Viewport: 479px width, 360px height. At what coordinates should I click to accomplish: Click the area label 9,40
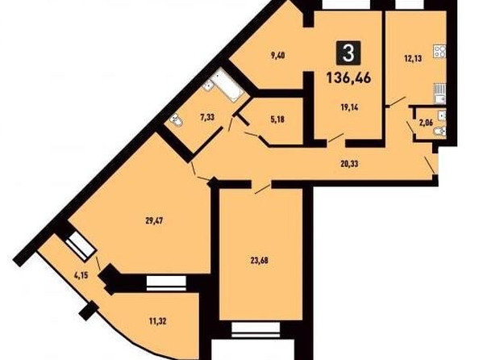click(277, 57)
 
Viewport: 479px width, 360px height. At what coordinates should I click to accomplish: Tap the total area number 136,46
click(349, 77)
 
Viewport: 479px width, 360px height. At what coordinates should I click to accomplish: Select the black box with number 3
click(348, 53)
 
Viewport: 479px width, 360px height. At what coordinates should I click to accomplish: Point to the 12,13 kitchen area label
click(413, 58)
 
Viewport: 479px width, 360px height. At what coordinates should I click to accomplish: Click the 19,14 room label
click(349, 107)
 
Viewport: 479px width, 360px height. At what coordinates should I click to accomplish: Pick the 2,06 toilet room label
click(426, 123)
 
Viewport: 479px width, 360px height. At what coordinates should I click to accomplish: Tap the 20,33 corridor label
click(349, 164)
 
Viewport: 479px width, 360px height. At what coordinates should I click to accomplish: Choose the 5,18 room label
click(277, 119)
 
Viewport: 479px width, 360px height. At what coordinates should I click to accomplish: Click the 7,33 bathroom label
click(207, 117)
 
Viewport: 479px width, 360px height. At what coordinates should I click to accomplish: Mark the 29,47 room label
click(154, 221)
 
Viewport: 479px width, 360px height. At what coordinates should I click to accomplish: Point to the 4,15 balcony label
click(81, 275)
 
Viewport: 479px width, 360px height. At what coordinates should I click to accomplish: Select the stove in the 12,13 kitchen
click(439, 51)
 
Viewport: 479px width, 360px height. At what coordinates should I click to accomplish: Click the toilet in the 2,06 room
click(440, 132)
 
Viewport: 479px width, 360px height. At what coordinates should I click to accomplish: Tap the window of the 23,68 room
click(256, 329)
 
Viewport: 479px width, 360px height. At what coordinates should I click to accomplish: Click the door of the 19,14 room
click(335, 138)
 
